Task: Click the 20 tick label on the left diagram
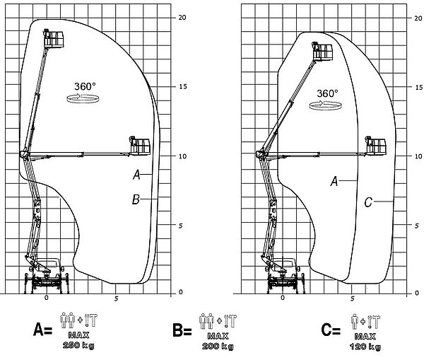(182, 17)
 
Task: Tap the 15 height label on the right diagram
(418, 87)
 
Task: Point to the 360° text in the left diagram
(85, 86)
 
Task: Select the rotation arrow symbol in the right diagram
(325, 105)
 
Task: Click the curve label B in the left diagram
(136, 199)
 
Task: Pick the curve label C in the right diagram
(368, 202)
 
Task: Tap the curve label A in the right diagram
(334, 181)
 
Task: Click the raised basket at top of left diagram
(54, 38)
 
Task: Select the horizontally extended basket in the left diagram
(140, 146)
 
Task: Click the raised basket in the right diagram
(322, 51)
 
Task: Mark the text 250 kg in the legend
(78, 345)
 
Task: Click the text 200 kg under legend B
(218, 347)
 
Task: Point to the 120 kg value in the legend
(365, 347)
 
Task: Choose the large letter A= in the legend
(42, 330)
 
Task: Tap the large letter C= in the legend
(331, 330)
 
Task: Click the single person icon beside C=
(355, 322)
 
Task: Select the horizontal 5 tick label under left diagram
(116, 299)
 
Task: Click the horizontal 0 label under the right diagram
(283, 298)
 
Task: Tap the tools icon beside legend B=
(230, 321)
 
